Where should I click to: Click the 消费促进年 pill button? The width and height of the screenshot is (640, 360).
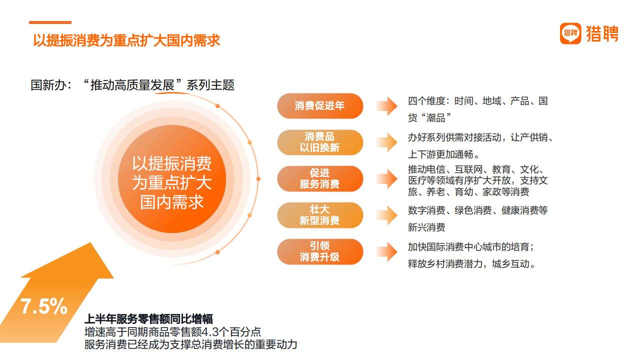coord(320,105)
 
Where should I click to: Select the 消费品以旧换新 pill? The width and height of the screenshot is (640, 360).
coord(320,142)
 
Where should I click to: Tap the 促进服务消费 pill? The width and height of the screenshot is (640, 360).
coord(320,178)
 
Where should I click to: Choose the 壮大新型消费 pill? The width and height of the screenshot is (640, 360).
coord(320,215)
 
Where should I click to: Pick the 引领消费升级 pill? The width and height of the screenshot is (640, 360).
coord(320,251)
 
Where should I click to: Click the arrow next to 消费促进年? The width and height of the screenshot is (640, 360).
coord(386,106)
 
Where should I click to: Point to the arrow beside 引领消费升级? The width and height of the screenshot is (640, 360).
coord(386,251)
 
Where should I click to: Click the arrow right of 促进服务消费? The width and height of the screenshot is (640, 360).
coord(386,179)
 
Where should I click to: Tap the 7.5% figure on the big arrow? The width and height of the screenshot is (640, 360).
coord(43,306)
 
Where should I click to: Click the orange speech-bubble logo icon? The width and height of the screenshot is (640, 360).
coord(570,33)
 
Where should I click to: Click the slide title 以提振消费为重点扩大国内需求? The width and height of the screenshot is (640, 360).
coord(126,40)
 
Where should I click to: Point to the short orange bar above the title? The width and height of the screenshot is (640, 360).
coord(50,22)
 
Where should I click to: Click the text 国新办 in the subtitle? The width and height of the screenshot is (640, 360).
coord(48,85)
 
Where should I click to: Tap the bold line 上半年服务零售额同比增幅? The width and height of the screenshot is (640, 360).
coord(148,319)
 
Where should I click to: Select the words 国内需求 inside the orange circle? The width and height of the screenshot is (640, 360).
coord(171,202)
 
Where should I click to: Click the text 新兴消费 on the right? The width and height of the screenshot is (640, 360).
coord(426,227)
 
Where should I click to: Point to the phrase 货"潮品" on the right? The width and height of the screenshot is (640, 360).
coord(429,117)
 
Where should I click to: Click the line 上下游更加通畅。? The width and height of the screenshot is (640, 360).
coord(443,154)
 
